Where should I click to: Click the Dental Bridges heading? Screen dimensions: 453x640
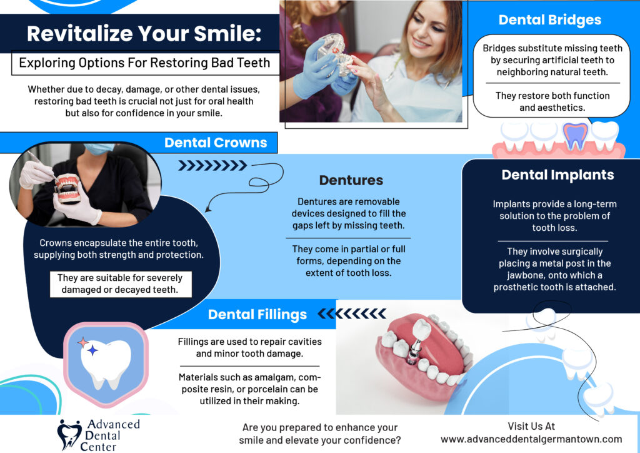549,20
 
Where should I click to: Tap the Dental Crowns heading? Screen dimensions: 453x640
216,143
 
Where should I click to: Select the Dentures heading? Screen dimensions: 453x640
351,181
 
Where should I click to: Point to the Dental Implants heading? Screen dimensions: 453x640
557,175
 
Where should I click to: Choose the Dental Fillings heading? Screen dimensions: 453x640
257,314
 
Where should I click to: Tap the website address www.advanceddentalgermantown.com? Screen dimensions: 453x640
531,439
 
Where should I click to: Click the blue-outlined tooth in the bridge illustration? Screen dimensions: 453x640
575,136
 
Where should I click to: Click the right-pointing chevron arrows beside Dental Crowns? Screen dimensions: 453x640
212,166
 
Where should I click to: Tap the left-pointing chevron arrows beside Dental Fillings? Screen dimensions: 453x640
352,313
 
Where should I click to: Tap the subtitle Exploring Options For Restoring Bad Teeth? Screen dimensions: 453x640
144,63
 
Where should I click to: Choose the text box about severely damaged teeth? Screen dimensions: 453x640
121,284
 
